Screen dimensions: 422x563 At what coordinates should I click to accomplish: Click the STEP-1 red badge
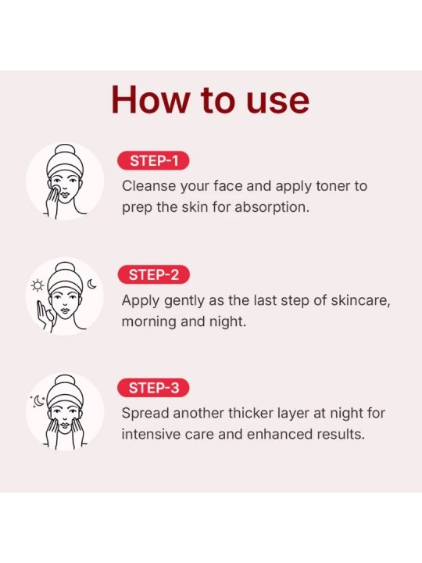[153, 161]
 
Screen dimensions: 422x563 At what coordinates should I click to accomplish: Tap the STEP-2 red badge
[154, 274]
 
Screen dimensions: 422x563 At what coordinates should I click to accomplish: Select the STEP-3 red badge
[153, 388]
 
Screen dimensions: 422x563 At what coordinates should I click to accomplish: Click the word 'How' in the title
[151, 100]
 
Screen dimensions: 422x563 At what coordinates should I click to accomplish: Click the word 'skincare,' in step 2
[360, 300]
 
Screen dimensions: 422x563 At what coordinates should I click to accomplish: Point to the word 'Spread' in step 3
[145, 414]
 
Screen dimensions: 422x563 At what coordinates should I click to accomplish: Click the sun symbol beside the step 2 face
[38, 285]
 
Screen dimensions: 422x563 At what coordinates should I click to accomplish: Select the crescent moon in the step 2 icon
[92, 285]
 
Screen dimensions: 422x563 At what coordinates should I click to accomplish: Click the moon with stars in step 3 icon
[38, 401]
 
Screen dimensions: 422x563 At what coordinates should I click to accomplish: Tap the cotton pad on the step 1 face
[57, 189]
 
